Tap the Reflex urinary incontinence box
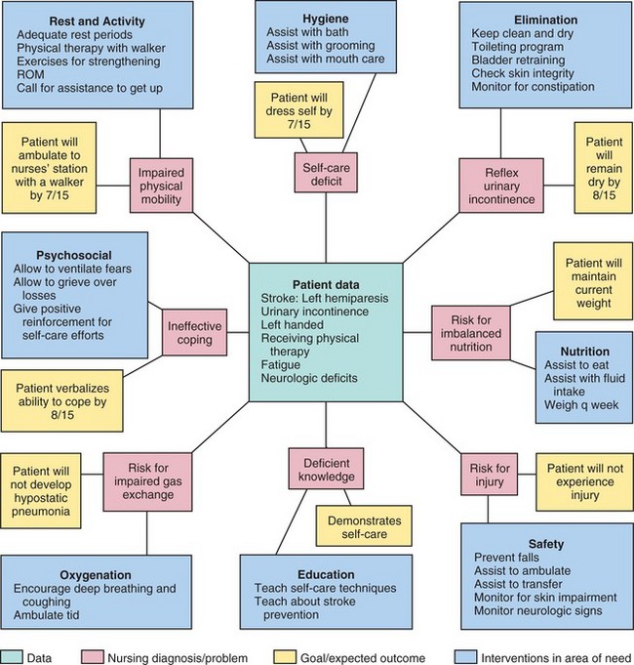coord(498,187)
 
